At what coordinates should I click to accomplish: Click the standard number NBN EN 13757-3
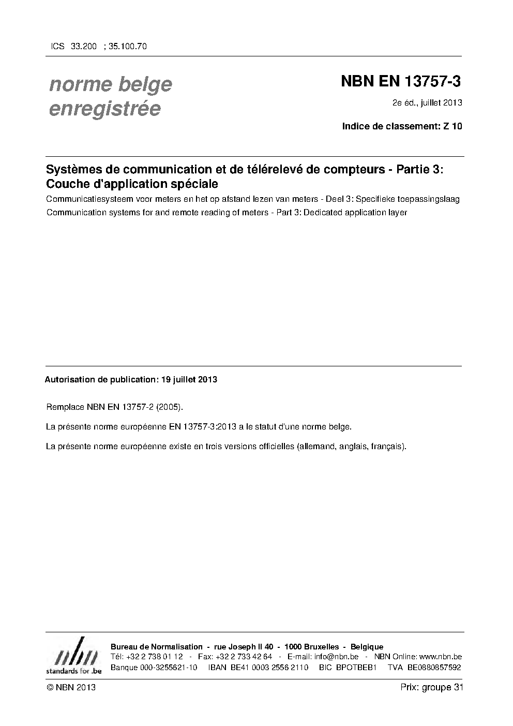point(401,82)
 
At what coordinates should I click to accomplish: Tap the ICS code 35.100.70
point(128,47)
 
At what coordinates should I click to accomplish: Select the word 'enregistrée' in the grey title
point(104,109)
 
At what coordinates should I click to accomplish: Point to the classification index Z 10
point(452,126)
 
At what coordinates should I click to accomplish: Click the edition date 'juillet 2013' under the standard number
point(441,102)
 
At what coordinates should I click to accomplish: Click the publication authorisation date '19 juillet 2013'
point(189,379)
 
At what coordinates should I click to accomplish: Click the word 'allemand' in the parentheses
point(315,446)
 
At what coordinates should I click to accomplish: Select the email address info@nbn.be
point(336,657)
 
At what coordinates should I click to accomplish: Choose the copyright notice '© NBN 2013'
point(71,687)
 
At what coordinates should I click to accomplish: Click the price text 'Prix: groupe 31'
point(431,687)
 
